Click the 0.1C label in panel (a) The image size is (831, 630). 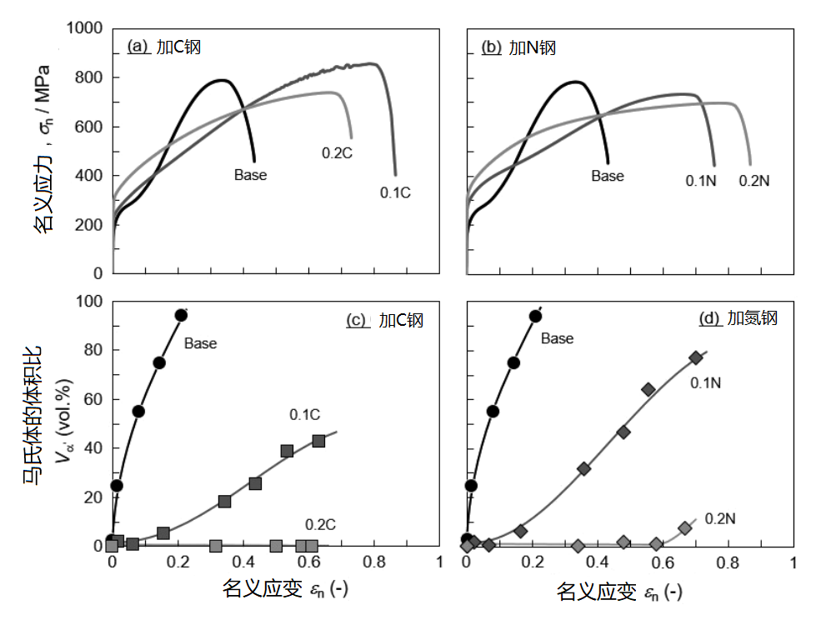(396, 192)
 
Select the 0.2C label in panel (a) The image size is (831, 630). (337, 152)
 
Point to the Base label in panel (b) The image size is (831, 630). (608, 176)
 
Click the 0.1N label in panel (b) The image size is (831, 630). (701, 180)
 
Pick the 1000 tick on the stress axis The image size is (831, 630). (85, 28)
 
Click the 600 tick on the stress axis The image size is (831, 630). (91, 127)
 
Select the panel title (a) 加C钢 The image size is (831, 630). (164, 47)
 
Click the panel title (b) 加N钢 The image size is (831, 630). (518, 47)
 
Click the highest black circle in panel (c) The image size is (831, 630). (181, 315)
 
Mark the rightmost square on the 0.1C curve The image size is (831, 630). (318, 441)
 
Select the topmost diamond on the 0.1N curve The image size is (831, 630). (696, 357)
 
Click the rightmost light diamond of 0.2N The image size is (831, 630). (685, 527)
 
